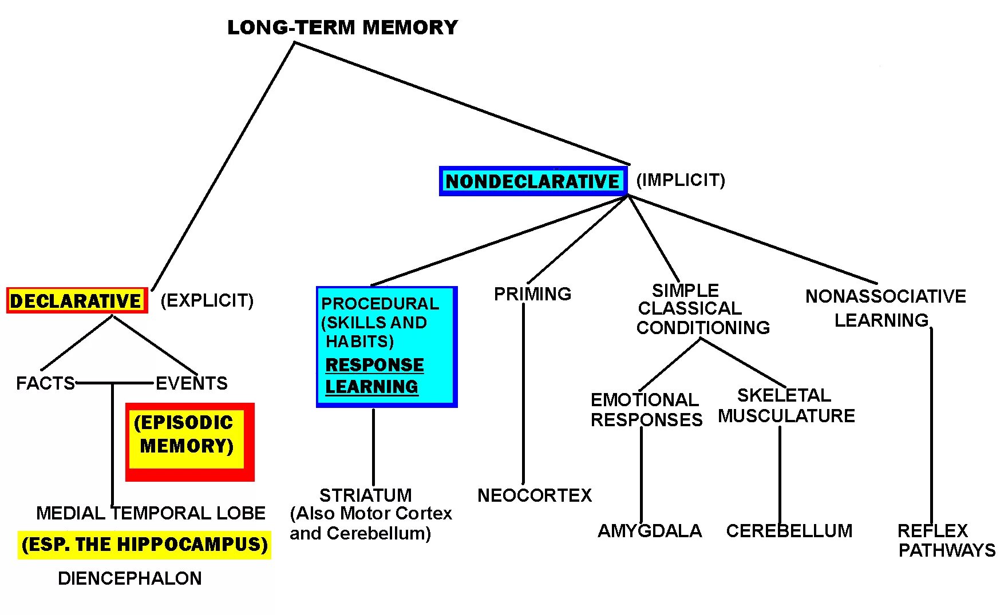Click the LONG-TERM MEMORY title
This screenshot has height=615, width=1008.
coord(342,27)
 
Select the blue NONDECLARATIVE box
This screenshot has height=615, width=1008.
coord(533,181)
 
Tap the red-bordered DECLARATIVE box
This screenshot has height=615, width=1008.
coord(77,301)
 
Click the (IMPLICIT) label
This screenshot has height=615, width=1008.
coord(681,180)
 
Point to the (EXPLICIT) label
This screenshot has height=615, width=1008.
coord(207,300)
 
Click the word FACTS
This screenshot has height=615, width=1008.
coord(45,383)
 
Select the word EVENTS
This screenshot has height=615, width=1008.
coord(191,383)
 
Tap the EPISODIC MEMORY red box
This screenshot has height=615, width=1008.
coord(189,442)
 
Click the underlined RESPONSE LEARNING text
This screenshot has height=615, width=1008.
coord(374,376)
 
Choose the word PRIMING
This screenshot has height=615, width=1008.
coord(532,294)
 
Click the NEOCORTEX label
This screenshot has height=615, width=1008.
coord(535,495)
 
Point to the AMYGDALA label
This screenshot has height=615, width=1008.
coord(650,531)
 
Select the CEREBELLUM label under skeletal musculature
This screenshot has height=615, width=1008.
coord(789,531)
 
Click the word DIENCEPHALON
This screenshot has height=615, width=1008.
coord(130,578)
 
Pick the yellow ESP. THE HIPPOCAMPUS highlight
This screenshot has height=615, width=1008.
coord(144,544)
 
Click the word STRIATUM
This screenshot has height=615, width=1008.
coord(365,495)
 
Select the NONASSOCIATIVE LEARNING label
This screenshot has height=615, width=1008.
coord(885,308)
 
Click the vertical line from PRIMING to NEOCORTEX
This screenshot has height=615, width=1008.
coord(523,395)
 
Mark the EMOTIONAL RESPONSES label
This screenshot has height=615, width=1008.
coord(646,410)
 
